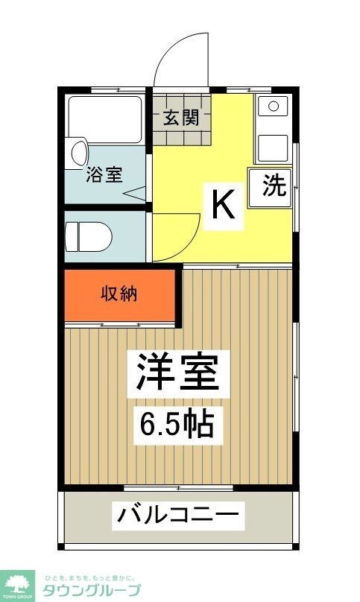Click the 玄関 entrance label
[182, 118]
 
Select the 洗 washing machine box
[274, 186]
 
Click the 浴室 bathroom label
[104, 175]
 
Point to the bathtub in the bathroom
[105, 118]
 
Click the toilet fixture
[88, 238]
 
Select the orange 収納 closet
[119, 294]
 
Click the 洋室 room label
[177, 370]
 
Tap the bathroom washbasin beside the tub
[78, 151]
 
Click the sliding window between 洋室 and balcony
[178, 488]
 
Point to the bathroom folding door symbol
[136, 195]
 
